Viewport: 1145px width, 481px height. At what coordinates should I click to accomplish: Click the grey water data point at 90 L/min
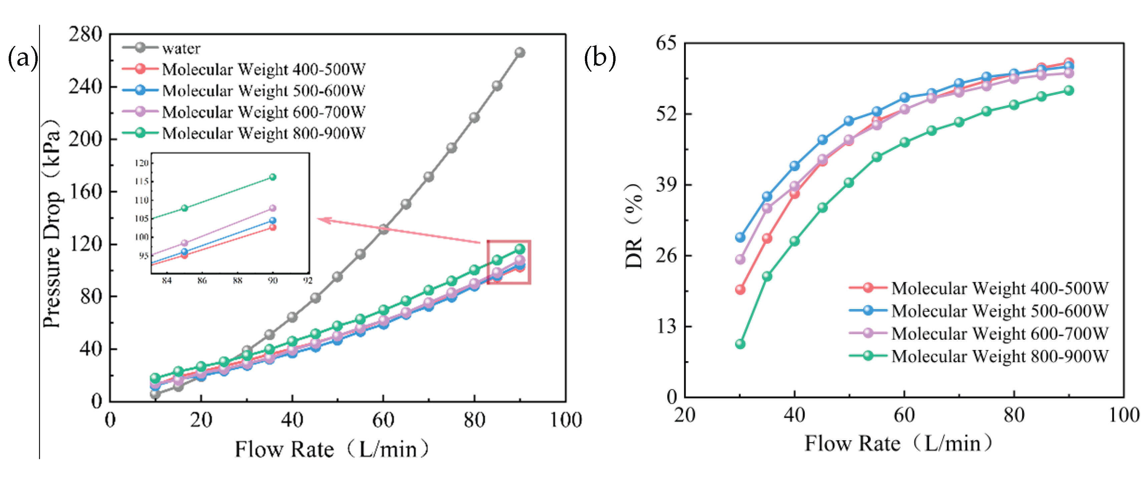[520, 52]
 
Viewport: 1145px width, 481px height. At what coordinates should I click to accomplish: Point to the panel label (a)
[22, 59]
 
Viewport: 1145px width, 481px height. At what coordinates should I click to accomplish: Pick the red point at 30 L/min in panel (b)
[740, 290]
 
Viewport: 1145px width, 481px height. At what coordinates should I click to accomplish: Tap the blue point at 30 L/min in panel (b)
[740, 237]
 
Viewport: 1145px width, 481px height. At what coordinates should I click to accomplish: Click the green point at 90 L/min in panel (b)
[1069, 90]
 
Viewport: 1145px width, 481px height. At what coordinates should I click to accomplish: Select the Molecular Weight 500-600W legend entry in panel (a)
[244, 90]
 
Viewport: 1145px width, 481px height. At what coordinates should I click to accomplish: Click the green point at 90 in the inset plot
[273, 177]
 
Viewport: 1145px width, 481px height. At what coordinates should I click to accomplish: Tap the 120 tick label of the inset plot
[142, 163]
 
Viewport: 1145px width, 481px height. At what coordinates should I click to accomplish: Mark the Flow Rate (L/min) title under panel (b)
[898, 443]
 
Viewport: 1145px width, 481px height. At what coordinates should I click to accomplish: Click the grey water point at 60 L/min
[383, 229]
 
